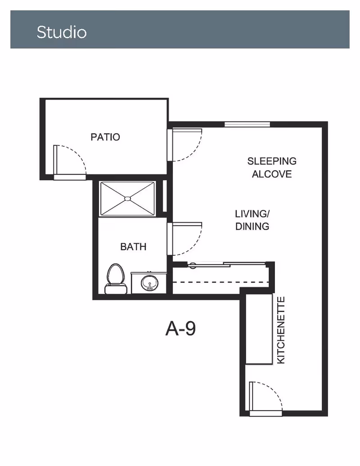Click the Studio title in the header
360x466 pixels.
62,32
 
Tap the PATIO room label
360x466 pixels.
105,137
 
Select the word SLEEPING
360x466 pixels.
272,161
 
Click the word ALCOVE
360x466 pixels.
272,174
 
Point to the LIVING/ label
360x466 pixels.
252,214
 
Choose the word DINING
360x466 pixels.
252,226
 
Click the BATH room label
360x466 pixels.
133,247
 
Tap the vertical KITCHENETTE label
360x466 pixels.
281,330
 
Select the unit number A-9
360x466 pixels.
180,329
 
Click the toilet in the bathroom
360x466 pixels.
116,279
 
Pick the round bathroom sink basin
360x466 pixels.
149,283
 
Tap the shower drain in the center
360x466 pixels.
127,199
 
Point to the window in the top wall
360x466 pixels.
247,124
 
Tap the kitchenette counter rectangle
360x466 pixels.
259,329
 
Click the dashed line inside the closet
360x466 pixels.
220,282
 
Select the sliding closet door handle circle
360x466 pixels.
193,265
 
